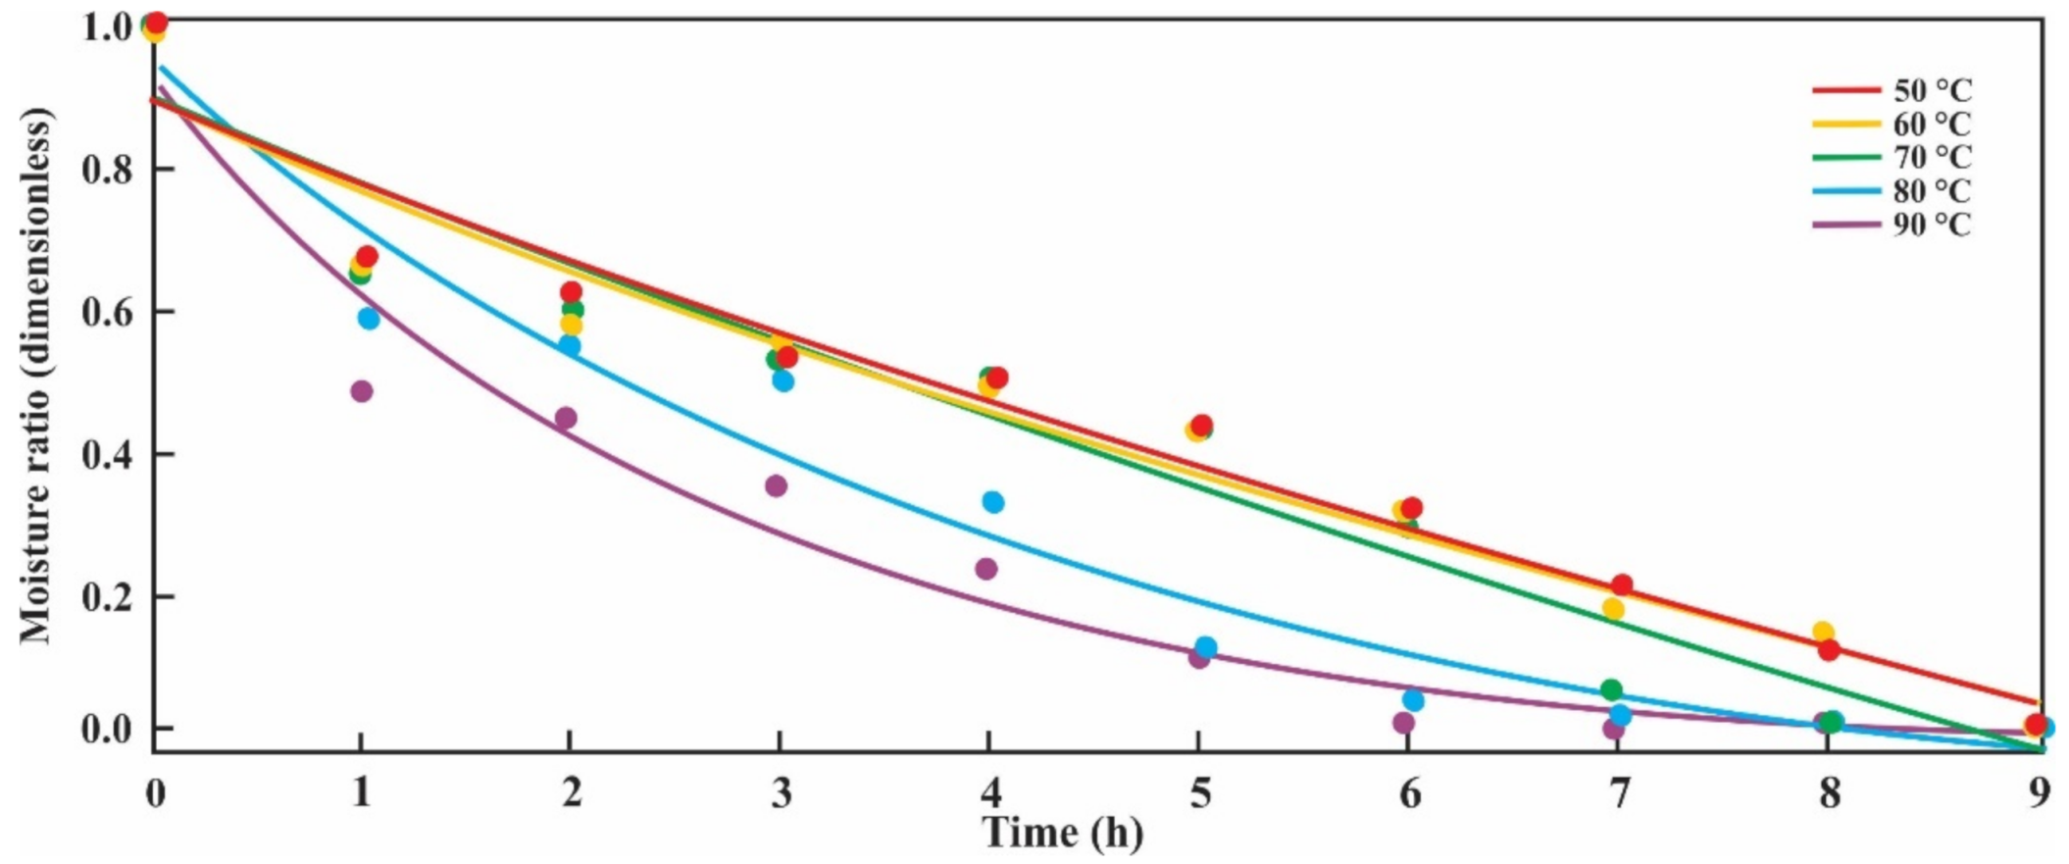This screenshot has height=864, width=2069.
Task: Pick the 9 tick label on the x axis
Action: click(2040, 793)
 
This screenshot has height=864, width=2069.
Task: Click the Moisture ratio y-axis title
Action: click(36, 378)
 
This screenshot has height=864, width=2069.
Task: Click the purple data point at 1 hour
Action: click(361, 391)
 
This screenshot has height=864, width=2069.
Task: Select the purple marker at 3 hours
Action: click(776, 485)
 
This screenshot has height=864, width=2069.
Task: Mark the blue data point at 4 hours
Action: click(992, 502)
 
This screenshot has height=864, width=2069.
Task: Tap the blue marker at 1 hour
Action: click(368, 318)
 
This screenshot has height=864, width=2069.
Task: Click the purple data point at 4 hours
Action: click(986, 569)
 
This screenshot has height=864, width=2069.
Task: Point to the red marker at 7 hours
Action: click(1622, 584)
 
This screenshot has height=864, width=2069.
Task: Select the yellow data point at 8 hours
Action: click(1823, 632)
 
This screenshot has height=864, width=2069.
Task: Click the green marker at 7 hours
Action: click(1611, 689)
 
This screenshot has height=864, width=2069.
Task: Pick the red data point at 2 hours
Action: click(571, 292)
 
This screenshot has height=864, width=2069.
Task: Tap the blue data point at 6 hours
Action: click(1413, 700)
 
